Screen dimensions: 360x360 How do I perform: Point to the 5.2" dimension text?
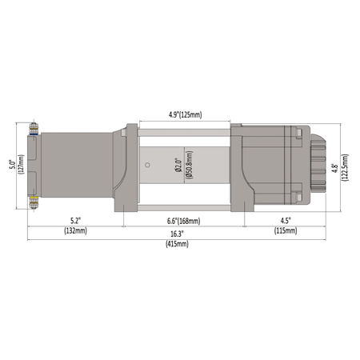pos(75,220)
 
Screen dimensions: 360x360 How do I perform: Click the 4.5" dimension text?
pos(285,220)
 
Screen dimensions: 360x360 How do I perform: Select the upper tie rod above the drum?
pos(185,124)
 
